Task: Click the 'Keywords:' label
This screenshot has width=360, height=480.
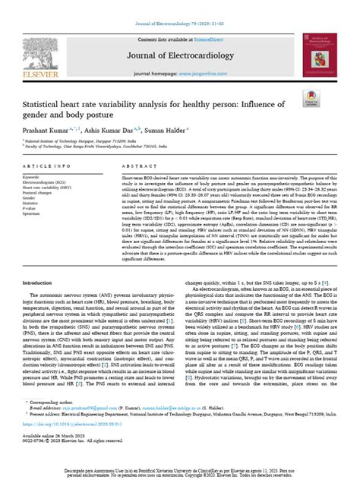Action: (33, 197)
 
